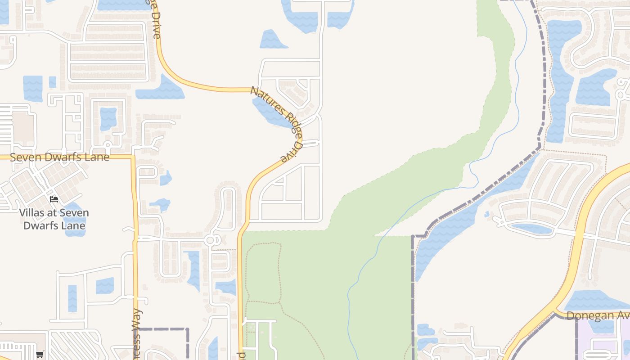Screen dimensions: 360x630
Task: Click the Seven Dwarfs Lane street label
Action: (59, 157)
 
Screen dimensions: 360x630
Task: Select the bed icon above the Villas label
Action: (54, 199)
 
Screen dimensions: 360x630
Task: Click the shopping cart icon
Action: (40, 354)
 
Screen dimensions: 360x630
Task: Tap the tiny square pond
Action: (53, 82)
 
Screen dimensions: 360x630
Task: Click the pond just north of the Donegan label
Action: (594, 300)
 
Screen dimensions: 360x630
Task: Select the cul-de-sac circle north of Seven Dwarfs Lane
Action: (108, 145)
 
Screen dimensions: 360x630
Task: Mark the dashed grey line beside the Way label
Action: (162, 329)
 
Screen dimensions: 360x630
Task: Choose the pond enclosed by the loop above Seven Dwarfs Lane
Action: (108, 118)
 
